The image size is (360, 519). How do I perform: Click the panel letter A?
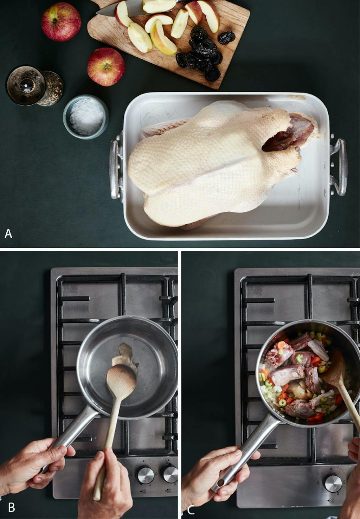point(8,234)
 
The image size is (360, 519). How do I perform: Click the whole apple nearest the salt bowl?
point(106,67)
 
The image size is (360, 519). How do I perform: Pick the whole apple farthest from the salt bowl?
point(61,22)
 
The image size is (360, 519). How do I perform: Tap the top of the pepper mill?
point(25,85)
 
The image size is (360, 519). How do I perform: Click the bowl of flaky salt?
point(86,117)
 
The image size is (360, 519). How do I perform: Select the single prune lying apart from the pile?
point(226,38)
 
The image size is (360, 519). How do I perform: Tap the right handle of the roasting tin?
point(339,167)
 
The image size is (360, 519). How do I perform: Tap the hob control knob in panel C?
point(333,483)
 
